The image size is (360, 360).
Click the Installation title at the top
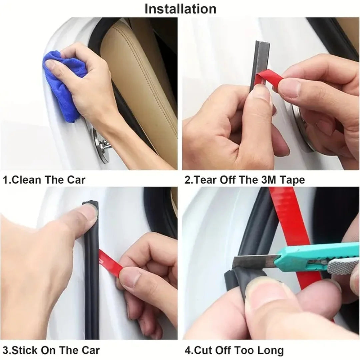click(x=180, y=9)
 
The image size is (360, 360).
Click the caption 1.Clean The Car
click(x=44, y=180)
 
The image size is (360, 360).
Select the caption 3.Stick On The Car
click(x=51, y=350)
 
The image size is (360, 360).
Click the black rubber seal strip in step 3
click(x=92, y=283)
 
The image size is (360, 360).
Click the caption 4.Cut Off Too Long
click(x=234, y=350)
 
